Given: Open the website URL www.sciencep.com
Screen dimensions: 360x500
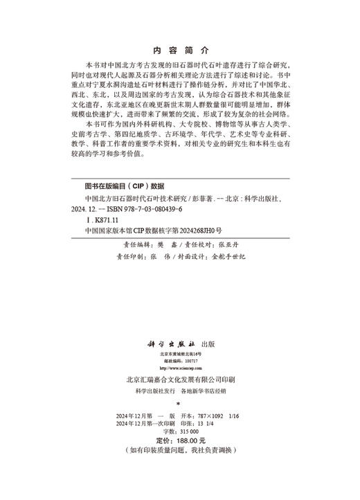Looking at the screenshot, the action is coord(181,369).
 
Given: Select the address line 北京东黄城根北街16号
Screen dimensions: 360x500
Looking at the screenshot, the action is coord(181,354).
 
